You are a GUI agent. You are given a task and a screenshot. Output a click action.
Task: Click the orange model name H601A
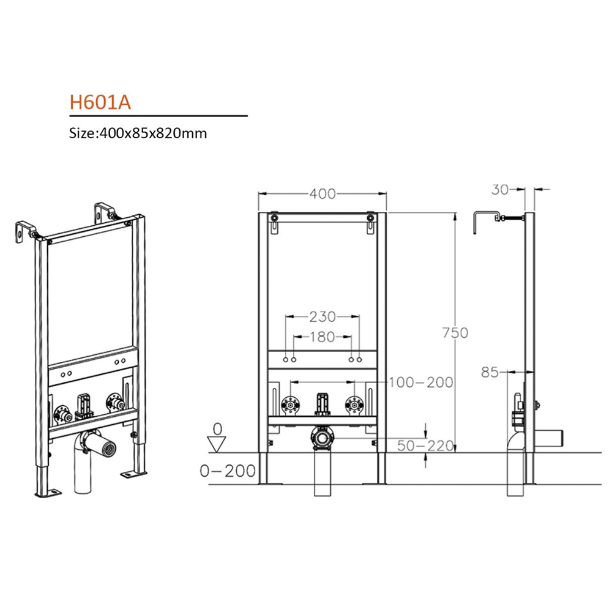100,102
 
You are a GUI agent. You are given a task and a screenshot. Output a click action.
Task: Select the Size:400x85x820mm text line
138,133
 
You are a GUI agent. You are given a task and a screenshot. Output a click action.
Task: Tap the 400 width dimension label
323,193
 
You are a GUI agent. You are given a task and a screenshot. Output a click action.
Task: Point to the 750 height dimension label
455,332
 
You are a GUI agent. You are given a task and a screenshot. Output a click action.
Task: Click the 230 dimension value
323,316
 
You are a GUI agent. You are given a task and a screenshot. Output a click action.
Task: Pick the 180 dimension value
323,337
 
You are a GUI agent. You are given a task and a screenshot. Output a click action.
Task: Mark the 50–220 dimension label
425,446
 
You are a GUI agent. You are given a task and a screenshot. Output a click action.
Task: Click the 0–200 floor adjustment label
228,471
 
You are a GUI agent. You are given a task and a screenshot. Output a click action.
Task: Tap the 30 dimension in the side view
500,190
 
